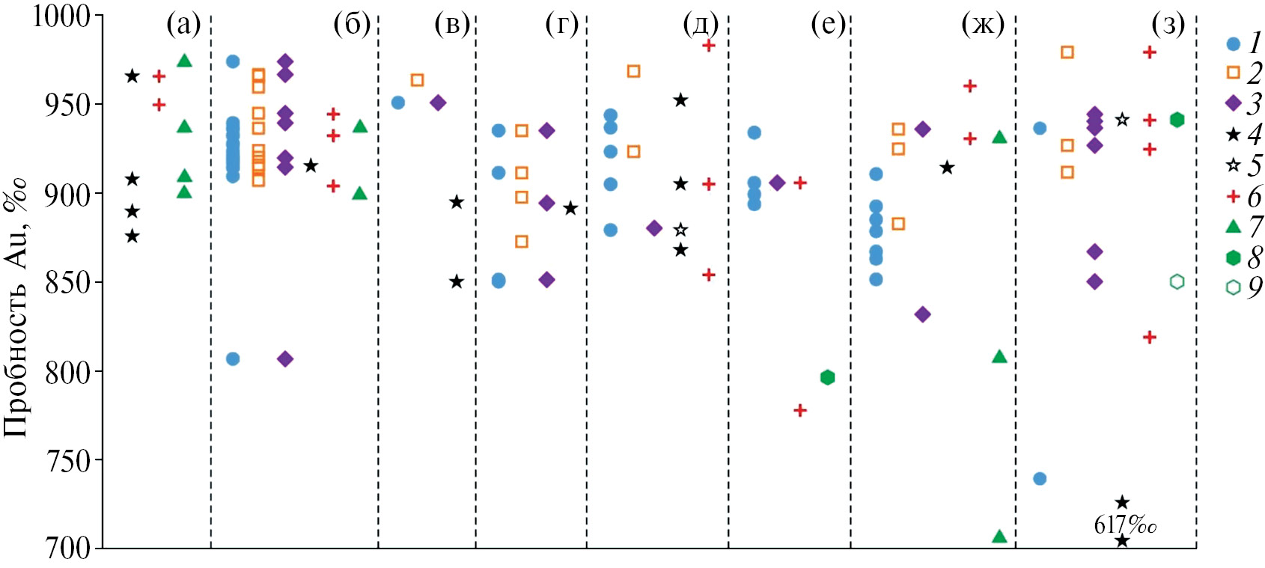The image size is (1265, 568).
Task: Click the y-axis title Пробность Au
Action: [16, 308]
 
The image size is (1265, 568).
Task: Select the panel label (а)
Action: [183, 26]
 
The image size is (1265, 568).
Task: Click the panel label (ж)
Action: [983, 26]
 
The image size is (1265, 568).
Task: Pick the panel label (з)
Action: [1168, 26]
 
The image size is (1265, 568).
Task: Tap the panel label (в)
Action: [452, 26]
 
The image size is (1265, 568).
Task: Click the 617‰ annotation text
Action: [1125, 525]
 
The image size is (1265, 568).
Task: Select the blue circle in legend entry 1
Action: [1234, 43]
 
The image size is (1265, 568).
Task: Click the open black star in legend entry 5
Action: [1234, 165]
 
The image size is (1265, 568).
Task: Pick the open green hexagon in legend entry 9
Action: [1234, 287]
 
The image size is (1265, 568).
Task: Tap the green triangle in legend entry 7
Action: [1234, 225]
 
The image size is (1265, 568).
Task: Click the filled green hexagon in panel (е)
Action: [827, 377]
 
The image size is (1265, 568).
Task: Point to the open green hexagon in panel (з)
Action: [1177, 281]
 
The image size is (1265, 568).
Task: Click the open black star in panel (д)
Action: [680, 230]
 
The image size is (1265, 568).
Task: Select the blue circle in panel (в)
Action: [398, 103]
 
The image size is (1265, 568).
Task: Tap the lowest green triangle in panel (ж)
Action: [999, 537]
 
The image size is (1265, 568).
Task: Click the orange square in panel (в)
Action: [417, 80]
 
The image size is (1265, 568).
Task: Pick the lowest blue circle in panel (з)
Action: [1040, 478]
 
